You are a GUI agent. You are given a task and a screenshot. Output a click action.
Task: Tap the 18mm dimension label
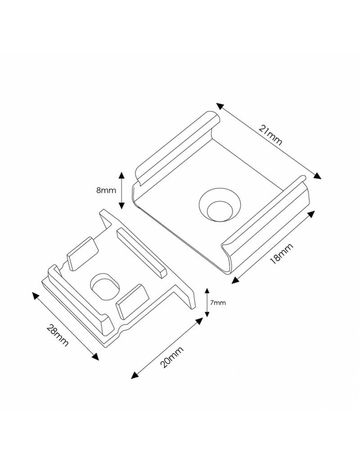click(281, 253)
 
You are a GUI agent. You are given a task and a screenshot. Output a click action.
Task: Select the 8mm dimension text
click(106, 190)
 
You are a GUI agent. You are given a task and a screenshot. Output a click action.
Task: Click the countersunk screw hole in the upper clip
click(220, 205)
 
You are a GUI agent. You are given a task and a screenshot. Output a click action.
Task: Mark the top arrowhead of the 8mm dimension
click(121, 175)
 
